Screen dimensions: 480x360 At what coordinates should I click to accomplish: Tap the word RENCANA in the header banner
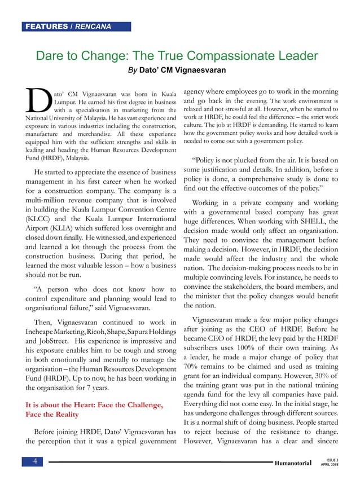tap(93, 27)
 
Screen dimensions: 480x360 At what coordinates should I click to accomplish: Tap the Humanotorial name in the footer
tap(292, 463)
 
